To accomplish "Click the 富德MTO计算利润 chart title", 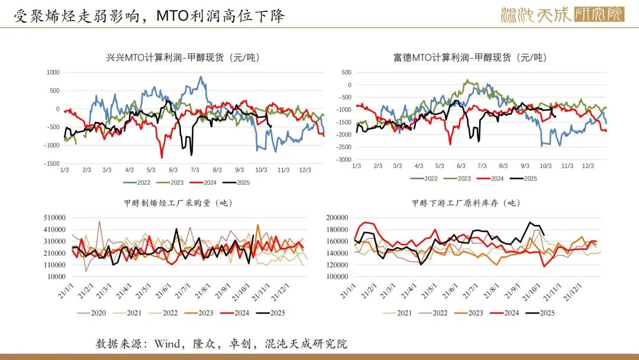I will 470,57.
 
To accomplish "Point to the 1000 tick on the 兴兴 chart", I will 53,72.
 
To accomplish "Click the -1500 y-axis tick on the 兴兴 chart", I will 52,163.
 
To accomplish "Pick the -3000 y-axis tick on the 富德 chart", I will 343,160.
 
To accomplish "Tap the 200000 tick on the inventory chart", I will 338,218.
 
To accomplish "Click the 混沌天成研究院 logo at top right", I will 561,15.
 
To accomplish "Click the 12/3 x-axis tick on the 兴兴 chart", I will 305,170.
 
